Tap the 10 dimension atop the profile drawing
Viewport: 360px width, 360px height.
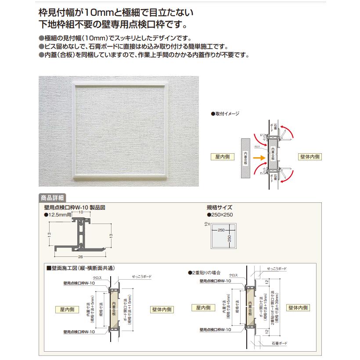coord(80,211)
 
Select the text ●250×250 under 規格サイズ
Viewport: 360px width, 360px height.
coord(220,215)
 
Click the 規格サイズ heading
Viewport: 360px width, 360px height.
coord(219,207)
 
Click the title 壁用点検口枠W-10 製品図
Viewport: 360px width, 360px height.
coord(75,207)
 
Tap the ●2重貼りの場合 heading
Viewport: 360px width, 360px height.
coord(206,272)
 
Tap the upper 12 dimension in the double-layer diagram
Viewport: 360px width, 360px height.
coord(266,281)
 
